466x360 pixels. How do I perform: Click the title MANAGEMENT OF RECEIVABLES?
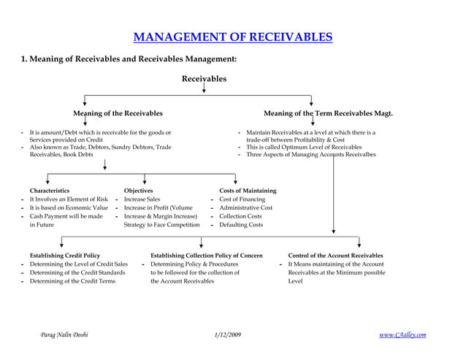click(x=232, y=37)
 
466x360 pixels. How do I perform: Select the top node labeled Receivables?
click(x=204, y=79)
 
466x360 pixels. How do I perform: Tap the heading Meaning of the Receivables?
click(x=118, y=114)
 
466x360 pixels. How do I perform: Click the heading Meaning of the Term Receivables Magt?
click(x=328, y=114)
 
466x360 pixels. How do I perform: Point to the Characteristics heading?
click(x=50, y=191)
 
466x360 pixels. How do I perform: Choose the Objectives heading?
click(x=139, y=191)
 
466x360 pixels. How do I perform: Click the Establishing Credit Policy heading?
click(x=65, y=256)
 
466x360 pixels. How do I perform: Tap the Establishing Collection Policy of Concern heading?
click(x=207, y=256)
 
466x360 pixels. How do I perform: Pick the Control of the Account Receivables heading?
click(x=335, y=256)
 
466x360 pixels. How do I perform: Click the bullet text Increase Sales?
click(x=142, y=199)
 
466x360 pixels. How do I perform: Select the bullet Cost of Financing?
click(x=242, y=199)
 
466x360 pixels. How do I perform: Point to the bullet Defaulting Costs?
click(x=241, y=225)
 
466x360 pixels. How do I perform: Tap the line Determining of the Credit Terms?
click(x=72, y=281)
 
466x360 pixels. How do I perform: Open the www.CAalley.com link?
click(x=402, y=334)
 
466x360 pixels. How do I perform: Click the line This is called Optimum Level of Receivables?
click(x=304, y=147)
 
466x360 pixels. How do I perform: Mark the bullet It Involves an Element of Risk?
click(x=69, y=199)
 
